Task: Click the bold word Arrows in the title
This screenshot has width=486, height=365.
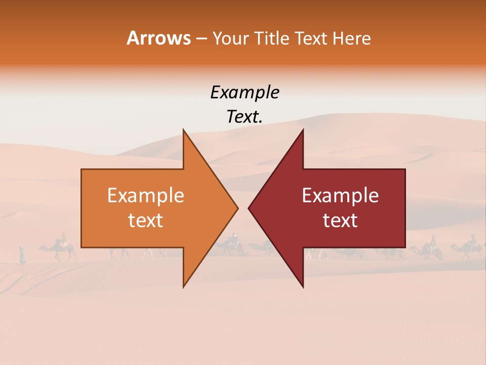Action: click(x=158, y=38)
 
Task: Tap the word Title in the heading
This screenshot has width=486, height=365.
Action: click(x=273, y=38)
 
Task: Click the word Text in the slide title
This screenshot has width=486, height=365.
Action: click(x=312, y=38)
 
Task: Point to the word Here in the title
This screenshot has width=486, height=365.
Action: click(x=352, y=38)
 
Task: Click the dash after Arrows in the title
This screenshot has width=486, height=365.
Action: click(x=201, y=39)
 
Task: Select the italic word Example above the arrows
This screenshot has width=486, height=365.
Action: click(x=245, y=92)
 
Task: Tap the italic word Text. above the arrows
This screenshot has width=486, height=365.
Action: click(x=245, y=117)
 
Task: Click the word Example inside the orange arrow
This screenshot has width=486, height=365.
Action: click(x=146, y=196)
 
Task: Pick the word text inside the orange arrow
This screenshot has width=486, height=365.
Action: click(x=146, y=221)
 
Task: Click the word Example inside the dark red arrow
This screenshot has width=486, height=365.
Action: click(x=340, y=196)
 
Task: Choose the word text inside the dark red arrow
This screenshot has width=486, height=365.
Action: click(x=340, y=221)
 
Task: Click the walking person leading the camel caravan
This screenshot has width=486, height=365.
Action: click(x=22, y=254)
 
